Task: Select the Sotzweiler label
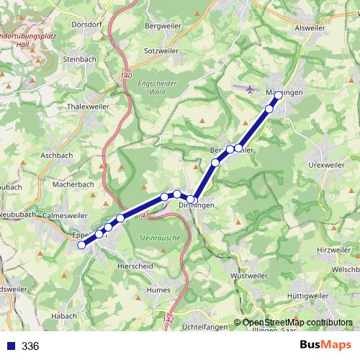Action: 161,52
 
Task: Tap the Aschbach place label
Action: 58,155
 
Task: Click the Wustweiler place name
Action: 247,276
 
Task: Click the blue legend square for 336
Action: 10,346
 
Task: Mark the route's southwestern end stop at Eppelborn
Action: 81,245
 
